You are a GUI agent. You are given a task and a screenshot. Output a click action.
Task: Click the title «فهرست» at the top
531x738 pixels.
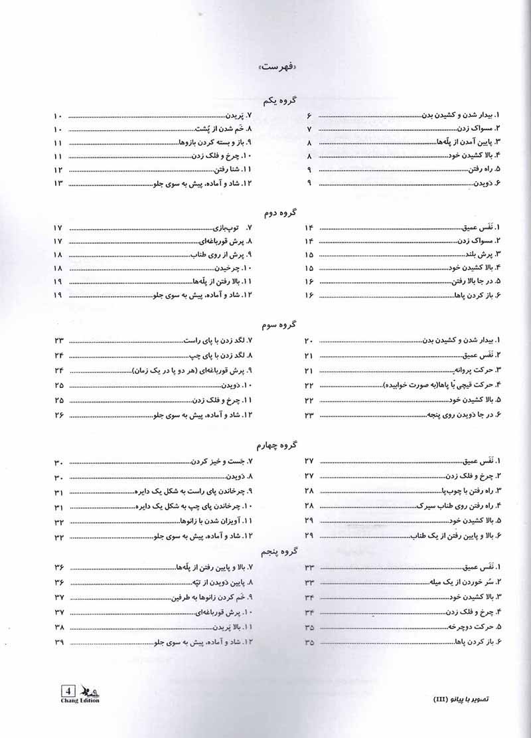pyautogui.click(x=279, y=68)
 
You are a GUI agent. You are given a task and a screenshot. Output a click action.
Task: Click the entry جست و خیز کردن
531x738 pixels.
pyautogui.click(x=220, y=462)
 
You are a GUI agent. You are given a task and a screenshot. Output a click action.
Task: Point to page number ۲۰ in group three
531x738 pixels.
pyautogui.click(x=309, y=341)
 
